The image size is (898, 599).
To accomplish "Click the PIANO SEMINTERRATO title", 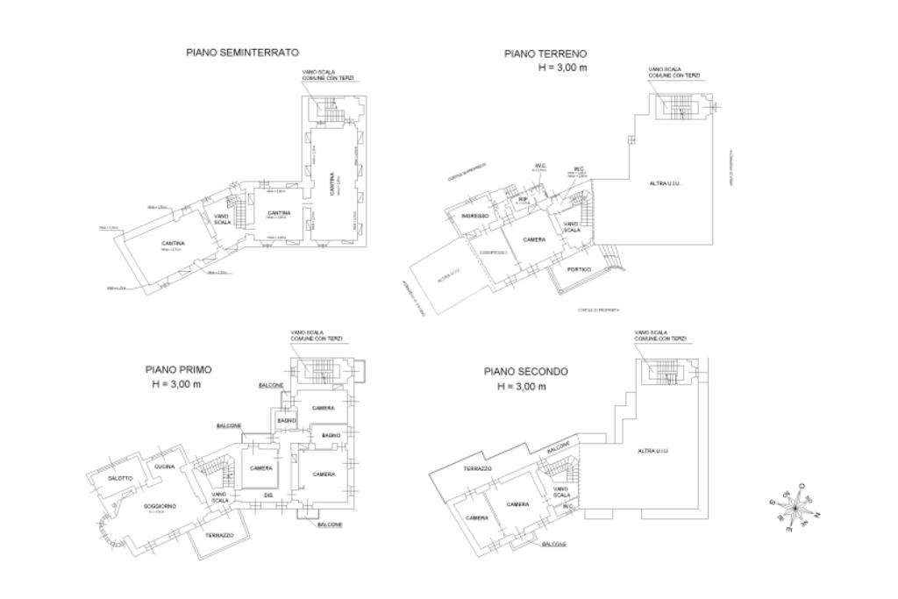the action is click(x=242, y=53).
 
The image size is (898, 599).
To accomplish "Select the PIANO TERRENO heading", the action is click(x=545, y=53).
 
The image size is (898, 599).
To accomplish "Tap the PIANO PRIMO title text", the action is click(x=178, y=370).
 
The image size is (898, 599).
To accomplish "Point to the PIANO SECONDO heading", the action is click(x=525, y=372).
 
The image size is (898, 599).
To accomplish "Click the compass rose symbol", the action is click(x=795, y=507).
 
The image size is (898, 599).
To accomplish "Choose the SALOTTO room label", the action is click(x=120, y=478).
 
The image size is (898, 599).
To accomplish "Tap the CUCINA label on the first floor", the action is click(x=164, y=467).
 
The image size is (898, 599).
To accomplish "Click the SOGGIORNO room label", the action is click(x=160, y=506).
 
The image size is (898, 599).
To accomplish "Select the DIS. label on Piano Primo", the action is click(x=269, y=496).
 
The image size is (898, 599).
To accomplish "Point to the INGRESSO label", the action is click(x=474, y=216).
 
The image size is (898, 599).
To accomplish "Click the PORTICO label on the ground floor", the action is click(x=579, y=269).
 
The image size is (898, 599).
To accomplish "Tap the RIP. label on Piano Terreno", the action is click(x=523, y=200).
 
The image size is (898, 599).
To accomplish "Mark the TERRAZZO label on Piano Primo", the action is click(x=219, y=535).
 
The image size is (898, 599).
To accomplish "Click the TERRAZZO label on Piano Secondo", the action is click(x=477, y=469).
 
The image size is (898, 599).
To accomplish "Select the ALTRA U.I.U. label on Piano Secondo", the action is click(x=652, y=451).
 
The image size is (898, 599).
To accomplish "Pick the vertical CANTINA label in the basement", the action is click(x=332, y=184).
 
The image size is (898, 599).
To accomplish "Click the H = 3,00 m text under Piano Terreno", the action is click(x=562, y=68).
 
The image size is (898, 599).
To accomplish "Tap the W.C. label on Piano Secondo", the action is click(x=567, y=506).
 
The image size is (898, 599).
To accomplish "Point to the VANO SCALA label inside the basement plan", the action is click(x=223, y=219).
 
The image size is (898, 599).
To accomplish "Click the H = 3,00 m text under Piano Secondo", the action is click(x=521, y=386).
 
